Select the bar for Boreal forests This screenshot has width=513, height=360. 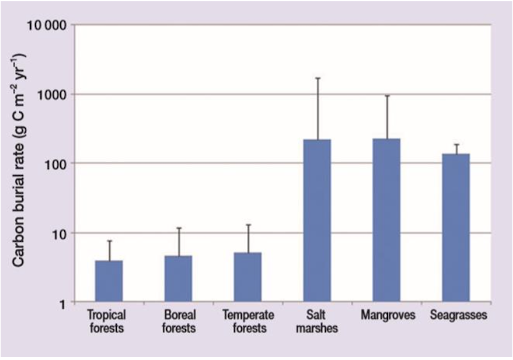tap(178, 279)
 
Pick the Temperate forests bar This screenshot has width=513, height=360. tap(248, 277)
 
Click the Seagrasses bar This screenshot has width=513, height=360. tap(456, 228)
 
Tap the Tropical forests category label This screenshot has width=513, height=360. tap(106, 321)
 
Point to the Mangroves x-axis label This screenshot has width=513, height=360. tap(388, 315)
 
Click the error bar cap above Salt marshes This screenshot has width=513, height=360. tap(317, 78)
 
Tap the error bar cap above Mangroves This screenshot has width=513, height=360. tap(386, 96)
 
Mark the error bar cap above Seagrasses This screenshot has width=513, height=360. tap(456, 144)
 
